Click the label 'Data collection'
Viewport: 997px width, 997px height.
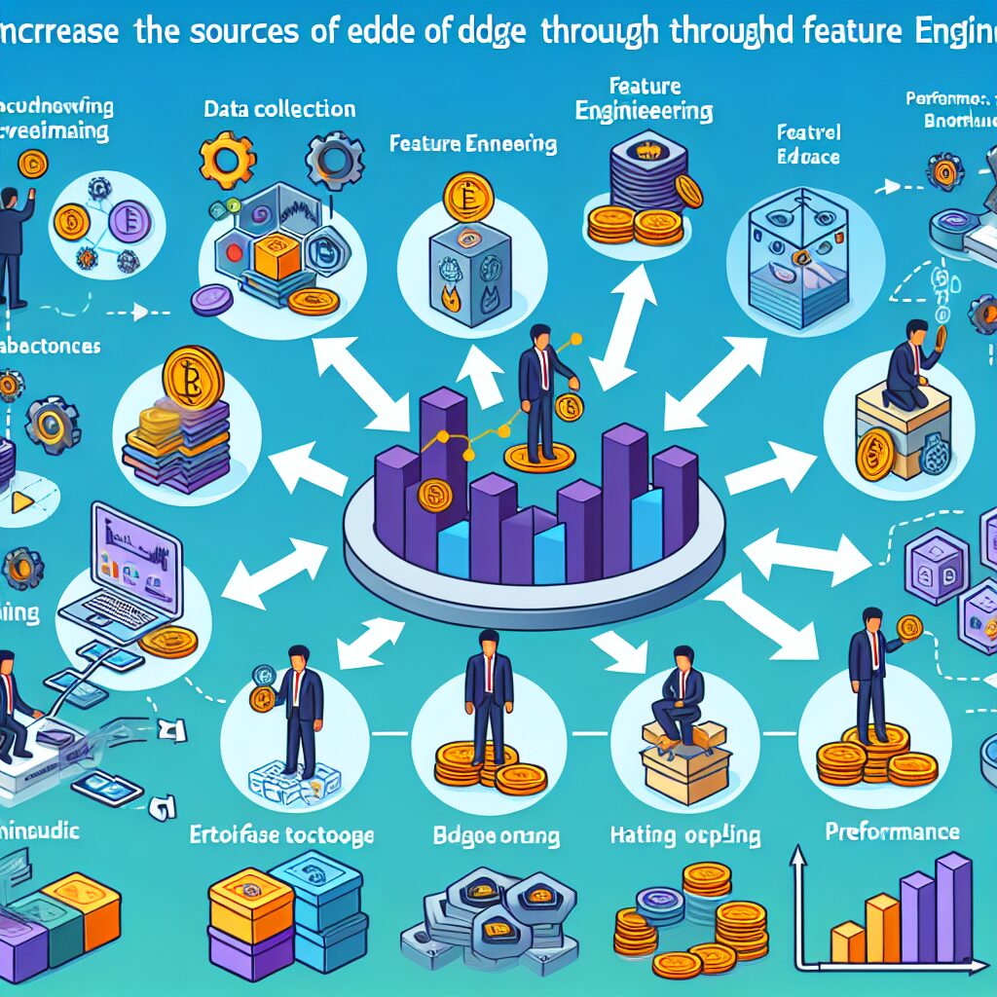tap(279, 109)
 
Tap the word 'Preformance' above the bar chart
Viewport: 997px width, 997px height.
tap(891, 831)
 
